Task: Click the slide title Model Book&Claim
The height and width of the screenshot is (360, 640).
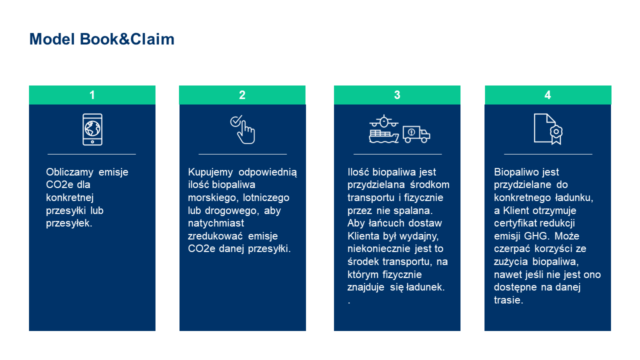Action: [x=101, y=39]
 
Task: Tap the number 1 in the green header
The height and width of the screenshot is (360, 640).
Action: [x=92, y=95]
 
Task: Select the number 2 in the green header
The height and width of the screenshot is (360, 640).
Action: [x=242, y=95]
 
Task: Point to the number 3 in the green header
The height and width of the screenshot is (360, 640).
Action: [x=397, y=95]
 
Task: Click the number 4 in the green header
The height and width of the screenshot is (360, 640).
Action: [x=547, y=95]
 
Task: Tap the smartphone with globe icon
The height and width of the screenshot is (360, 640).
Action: [x=92, y=129]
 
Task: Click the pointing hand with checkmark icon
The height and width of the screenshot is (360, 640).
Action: [x=242, y=129]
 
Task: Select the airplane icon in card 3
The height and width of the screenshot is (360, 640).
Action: [x=384, y=121]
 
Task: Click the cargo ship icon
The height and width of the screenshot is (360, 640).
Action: [x=383, y=136]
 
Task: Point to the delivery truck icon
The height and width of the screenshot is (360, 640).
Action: [x=416, y=134]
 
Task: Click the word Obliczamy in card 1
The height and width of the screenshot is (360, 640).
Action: [x=69, y=172]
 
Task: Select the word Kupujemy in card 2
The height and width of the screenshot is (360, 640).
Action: [x=210, y=172]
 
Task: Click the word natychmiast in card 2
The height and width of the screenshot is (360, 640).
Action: [x=216, y=223]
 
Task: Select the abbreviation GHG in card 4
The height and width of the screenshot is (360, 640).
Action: [x=536, y=236]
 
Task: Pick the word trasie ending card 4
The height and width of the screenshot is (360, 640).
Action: [x=508, y=300]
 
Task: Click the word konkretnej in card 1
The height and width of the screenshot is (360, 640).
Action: [x=69, y=197]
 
